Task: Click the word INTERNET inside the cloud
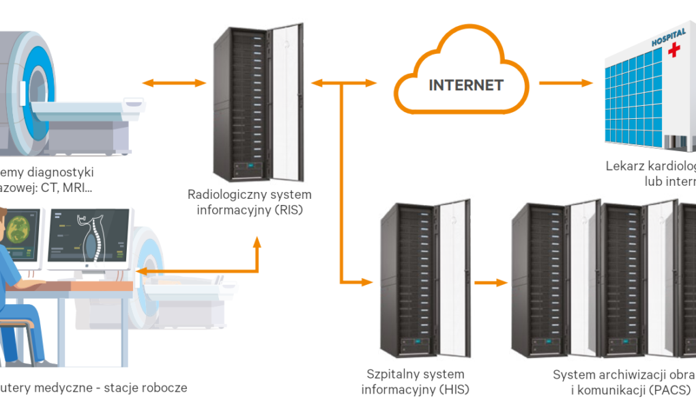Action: pyautogui.click(x=466, y=85)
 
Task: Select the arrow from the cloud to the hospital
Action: pyautogui.click(x=566, y=83)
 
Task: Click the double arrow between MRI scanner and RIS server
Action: pyautogui.click(x=175, y=83)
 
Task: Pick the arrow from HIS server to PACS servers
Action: pyautogui.click(x=491, y=282)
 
